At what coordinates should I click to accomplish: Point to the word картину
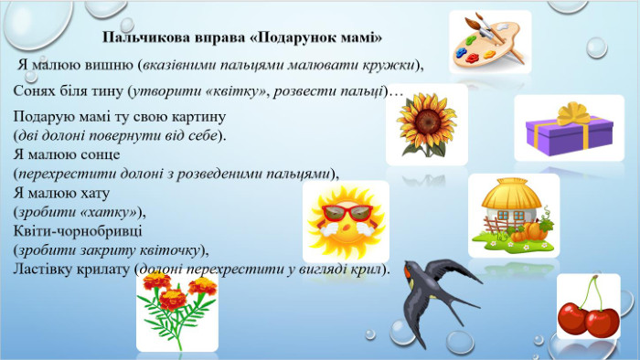tap(198, 117)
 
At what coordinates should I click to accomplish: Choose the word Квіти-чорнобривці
tap(78, 231)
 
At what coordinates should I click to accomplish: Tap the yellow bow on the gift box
tap(574, 113)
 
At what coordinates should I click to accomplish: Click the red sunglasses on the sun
tap(347, 213)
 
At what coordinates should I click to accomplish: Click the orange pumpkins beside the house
tap(529, 231)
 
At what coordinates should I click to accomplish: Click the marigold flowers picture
tap(176, 311)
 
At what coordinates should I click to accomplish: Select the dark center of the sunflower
tap(427, 122)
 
